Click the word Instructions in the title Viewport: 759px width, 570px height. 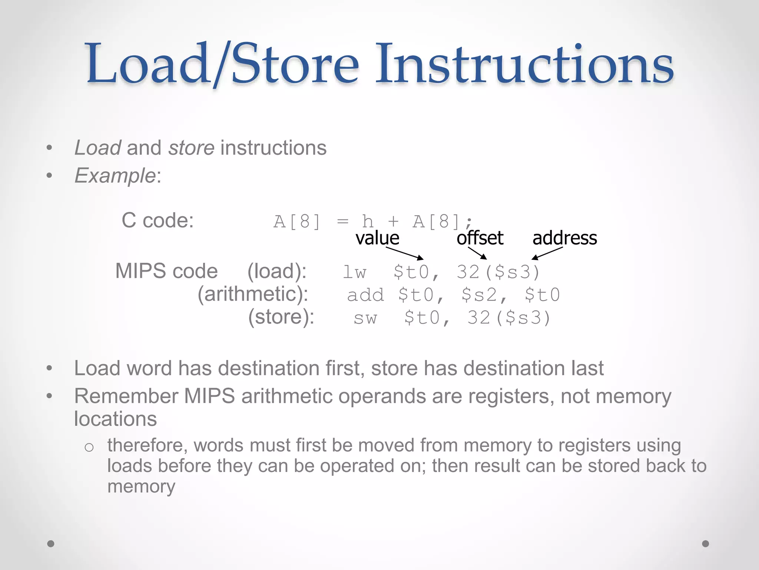click(524, 64)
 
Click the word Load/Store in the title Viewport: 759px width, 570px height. click(222, 64)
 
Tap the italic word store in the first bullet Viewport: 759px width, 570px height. click(191, 148)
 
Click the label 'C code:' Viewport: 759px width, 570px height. click(158, 220)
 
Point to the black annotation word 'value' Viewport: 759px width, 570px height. click(377, 238)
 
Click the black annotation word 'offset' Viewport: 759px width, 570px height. click(480, 238)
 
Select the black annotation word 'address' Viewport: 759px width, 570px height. click(564, 238)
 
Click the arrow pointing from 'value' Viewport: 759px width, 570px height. click(405, 253)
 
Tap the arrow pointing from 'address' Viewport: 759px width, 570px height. click(547, 253)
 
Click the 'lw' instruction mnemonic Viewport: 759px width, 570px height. click(354, 272)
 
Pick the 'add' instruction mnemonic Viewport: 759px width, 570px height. click(365, 295)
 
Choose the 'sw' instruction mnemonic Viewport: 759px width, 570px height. click(365, 318)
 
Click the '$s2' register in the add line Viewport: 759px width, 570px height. click(480, 295)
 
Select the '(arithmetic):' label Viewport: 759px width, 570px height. click(253, 294)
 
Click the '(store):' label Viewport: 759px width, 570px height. click(281, 317)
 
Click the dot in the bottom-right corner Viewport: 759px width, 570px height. click(705, 544)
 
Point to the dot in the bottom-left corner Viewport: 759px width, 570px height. click(51, 544)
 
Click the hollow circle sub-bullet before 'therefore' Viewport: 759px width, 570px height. click(89, 447)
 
